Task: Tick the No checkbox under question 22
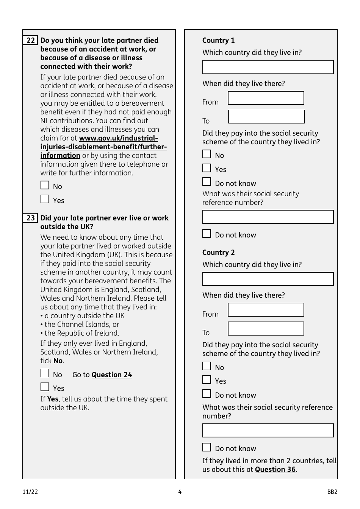point(45,185)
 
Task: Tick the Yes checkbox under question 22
point(45,199)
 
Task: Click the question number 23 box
point(30,218)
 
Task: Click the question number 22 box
point(30,41)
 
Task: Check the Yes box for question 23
point(45,387)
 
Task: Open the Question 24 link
point(112,375)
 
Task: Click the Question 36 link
point(275,470)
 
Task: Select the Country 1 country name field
point(268,67)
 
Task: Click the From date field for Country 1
point(266,98)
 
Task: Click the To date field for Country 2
point(266,329)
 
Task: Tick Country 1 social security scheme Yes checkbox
point(207,168)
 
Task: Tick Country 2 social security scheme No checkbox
point(207,366)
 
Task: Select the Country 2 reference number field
point(268,431)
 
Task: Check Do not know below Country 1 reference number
point(207,234)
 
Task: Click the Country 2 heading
point(219,253)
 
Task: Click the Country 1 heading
point(219,41)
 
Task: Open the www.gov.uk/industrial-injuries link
point(118,139)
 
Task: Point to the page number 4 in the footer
point(180,492)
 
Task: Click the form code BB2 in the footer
point(332,492)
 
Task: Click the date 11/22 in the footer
point(30,492)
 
